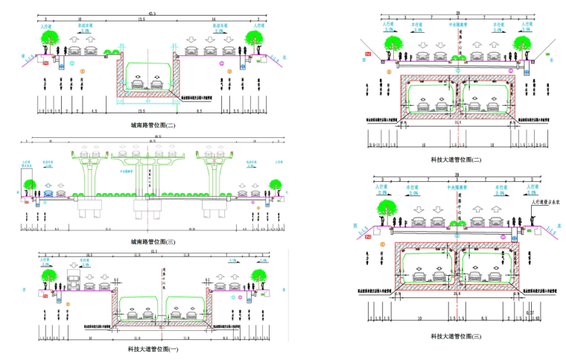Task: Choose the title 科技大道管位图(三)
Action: pos(456,336)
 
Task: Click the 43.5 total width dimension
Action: pos(152,13)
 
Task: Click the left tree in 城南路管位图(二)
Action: pos(50,37)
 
